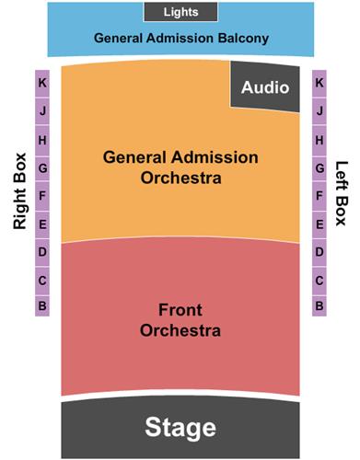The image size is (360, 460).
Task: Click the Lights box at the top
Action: pos(180,12)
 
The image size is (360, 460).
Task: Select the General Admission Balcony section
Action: pos(180,39)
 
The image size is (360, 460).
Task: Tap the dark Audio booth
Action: pos(265,87)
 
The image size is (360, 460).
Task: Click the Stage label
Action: pos(180,428)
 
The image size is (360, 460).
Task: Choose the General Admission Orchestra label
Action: pos(180,167)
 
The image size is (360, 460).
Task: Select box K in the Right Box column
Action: pos(42,83)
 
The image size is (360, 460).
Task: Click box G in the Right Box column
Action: pos(42,167)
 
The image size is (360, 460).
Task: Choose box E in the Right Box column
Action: pos(42,224)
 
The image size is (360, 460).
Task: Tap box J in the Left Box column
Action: pos(319,110)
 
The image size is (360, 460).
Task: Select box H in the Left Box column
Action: pos(319,140)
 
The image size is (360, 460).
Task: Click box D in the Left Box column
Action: pos(319,251)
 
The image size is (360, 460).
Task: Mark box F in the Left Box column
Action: pos(319,195)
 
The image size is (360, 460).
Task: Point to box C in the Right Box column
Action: pos(42,279)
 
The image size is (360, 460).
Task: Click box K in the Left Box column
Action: pos(319,83)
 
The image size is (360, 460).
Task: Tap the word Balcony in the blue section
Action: pos(243,39)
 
